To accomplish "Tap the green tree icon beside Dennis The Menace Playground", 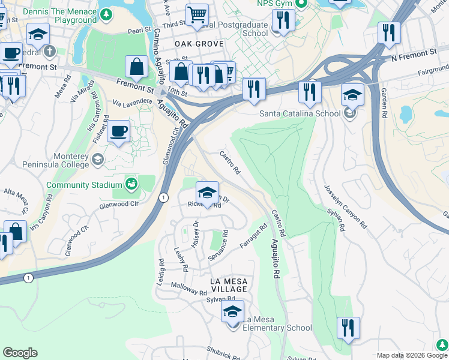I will (106, 13).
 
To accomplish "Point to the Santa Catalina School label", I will (300, 113).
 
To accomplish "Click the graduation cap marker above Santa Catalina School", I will (352, 95).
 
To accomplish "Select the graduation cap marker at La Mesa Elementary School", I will (232, 312).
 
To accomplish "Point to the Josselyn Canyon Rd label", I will (346, 206).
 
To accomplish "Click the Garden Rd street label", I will (384, 98).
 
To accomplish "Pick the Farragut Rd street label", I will (253, 236).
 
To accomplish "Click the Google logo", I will (20, 353).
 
